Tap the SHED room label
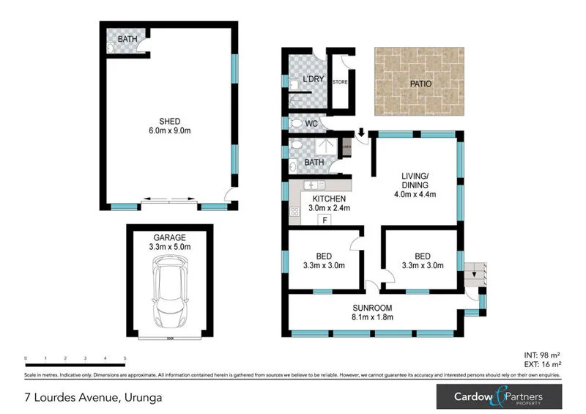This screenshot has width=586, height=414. pos(170,122)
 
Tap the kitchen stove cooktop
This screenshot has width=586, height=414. pos(295,212)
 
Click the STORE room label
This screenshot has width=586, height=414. pos(339,82)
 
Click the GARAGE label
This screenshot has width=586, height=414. pos(170,237)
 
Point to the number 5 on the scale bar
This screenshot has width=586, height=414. pos(125,358)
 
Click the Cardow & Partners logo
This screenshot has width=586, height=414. pos(500,396)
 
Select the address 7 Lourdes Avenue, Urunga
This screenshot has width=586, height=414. pos(91,397)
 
